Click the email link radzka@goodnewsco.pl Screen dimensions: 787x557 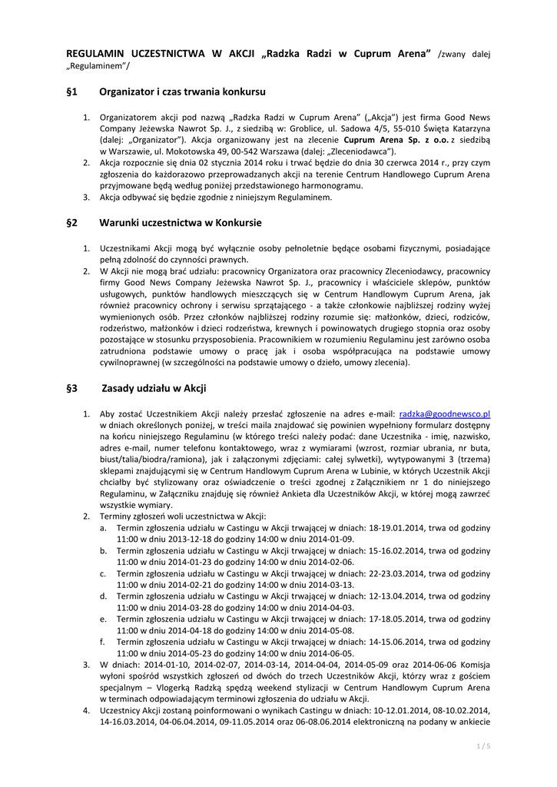pos(445,413)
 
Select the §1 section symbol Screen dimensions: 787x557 pos(72,91)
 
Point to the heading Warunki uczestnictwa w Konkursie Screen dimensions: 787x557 pos(181,223)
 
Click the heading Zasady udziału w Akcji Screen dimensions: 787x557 pos(154,388)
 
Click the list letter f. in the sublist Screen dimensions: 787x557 pos(102,640)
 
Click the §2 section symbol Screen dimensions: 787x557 pos(72,223)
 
